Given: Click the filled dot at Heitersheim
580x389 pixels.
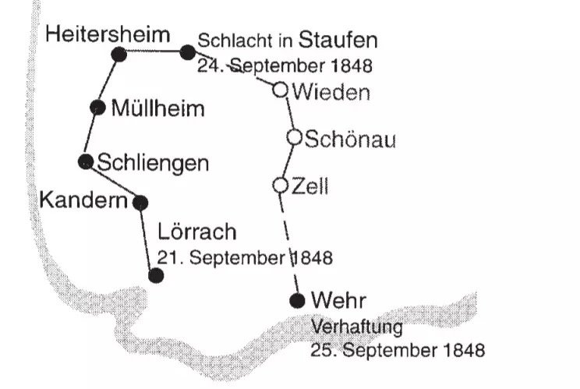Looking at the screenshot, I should pos(119,53).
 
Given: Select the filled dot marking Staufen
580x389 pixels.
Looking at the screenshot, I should pos(187,52).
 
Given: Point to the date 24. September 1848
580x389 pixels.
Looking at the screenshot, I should pos(285,63).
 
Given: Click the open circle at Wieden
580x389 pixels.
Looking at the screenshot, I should pos(281,89).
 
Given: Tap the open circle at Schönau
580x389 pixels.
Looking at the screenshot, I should pos(295,137).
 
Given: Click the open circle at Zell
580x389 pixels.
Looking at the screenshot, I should pos(281,186).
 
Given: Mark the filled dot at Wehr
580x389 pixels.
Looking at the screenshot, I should pos(295,300).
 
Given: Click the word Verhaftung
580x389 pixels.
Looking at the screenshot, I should pos(355,325).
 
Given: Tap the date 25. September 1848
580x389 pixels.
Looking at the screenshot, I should pos(397,350).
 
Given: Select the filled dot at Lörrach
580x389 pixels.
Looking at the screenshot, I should pos(155,274).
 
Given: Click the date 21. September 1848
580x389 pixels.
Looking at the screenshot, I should pos(245,256).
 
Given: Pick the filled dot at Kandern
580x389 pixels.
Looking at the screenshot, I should pos(140,203).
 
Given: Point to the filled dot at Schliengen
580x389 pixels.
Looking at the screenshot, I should pos(86,161).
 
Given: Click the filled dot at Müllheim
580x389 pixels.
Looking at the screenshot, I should pos(97,108).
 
